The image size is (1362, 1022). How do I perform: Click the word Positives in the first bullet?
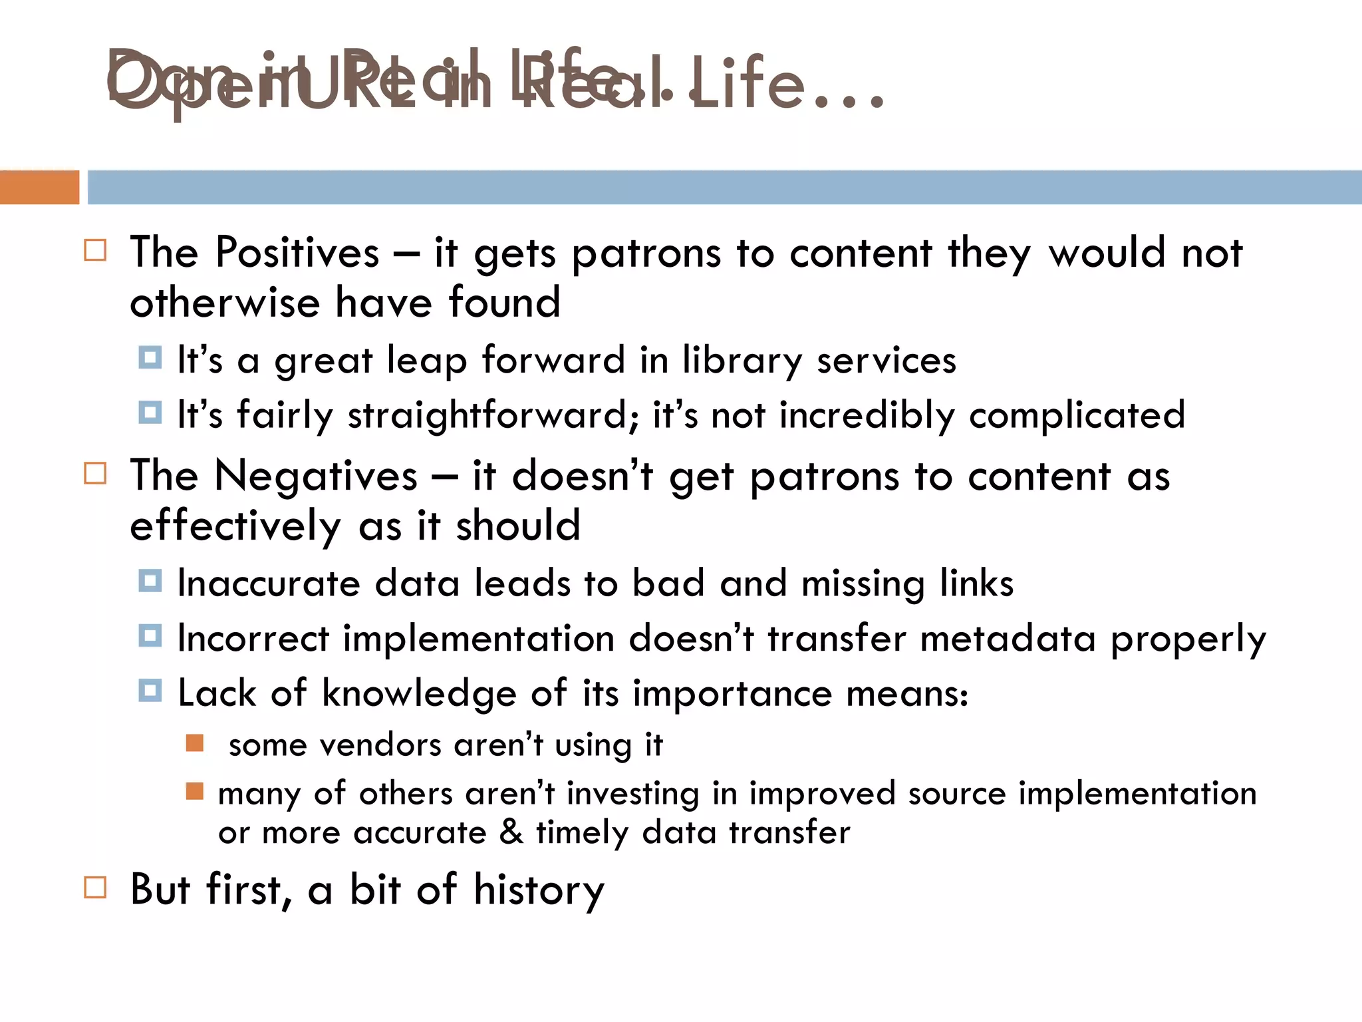tap(297, 253)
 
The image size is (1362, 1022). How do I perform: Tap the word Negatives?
tap(316, 476)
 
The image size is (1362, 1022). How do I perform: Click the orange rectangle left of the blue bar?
tap(39, 187)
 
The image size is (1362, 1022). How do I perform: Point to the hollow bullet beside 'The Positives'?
tap(95, 251)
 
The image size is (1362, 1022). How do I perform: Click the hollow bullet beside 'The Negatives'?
tap(95, 474)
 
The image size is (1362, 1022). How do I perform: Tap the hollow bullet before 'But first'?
tap(95, 888)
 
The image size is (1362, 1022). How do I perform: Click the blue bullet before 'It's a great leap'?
tap(150, 358)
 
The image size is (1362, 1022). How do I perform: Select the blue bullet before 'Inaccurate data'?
tap(150, 581)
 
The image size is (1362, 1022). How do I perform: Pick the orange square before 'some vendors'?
tap(195, 743)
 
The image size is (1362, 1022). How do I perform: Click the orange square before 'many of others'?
tap(195, 791)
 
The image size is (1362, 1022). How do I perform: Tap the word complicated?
tap(1077, 415)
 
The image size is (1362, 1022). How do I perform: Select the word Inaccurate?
tap(269, 584)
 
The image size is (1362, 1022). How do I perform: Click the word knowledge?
tap(419, 693)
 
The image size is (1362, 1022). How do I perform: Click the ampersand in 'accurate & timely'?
tap(511, 832)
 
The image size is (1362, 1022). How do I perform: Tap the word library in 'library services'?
tap(742, 361)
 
